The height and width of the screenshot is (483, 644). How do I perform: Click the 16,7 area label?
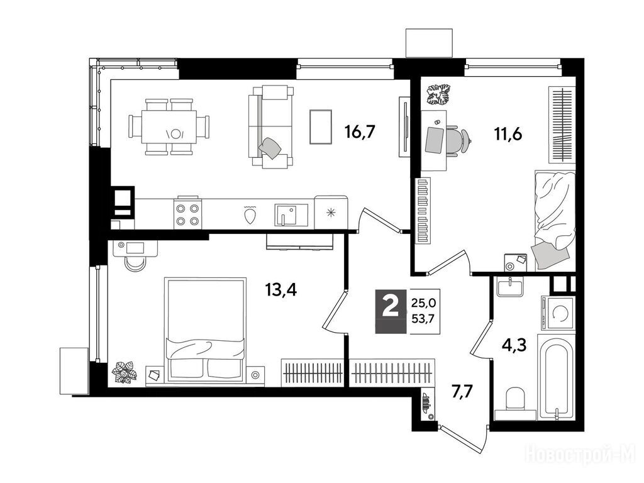point(360,132)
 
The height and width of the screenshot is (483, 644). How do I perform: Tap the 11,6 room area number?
point(508,134)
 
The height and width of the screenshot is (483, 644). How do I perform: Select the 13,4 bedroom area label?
point(281,291)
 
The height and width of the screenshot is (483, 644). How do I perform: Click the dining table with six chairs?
point(169,126)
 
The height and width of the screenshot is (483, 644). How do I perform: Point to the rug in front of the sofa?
point(320,126)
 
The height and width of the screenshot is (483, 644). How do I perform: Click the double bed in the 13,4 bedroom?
point(206,330)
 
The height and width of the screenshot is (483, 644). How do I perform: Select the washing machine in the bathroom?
point(558,313)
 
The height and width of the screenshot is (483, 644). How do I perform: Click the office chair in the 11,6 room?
point(457,141)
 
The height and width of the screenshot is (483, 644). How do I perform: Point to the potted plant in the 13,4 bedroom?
point(125,372)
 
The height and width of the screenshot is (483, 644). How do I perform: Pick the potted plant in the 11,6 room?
point(438,94)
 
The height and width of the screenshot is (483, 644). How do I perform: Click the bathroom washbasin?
point(509,286)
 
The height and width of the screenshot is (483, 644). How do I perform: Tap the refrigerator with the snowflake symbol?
point(331,213)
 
